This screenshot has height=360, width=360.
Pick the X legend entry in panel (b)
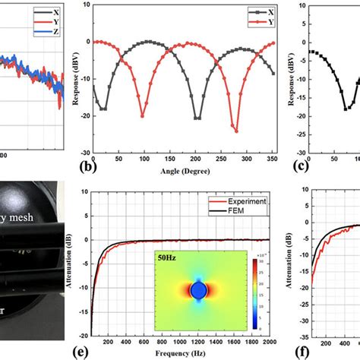(x=262, y=13)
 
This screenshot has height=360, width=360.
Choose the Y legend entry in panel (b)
(x=262, y=23)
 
